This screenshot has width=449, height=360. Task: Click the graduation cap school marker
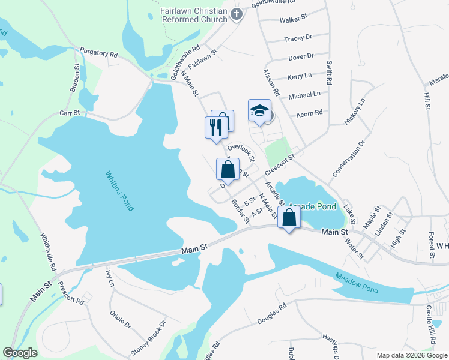tap(259, 111)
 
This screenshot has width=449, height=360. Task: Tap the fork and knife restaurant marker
tap(216, 127)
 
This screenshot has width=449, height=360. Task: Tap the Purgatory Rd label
tap(98, 53)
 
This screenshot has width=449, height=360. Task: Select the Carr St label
tap(70, 112)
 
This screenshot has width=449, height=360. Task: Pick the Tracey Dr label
tap(298, 38)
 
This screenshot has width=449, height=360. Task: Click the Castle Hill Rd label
tap(430, 324)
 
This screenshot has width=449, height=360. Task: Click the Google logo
tap(20, 353)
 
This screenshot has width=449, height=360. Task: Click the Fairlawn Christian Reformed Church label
tap(193, 16)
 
